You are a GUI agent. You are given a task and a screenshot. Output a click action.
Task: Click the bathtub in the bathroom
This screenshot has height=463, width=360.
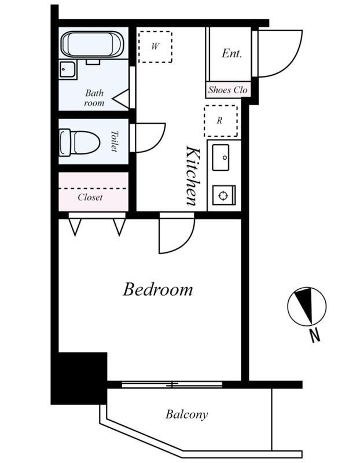[92, 45]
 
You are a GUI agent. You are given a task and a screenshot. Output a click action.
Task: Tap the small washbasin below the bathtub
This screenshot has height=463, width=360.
[68, 69]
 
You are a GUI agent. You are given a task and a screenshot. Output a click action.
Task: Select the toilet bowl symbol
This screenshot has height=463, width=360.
[79, 142]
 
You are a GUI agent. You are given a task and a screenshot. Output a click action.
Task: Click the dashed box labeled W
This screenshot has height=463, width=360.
[155, 47]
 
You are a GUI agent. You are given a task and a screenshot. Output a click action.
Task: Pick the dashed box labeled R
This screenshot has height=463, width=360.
[221, 121]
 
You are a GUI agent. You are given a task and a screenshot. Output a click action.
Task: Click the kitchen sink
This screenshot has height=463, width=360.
[221, 157]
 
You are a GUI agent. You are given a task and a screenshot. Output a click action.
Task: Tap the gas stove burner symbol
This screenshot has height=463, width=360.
[224, 195]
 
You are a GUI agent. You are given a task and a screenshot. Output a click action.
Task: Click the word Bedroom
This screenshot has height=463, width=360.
[157, 289]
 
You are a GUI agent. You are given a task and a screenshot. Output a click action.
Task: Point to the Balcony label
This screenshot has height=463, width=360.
[186, 414]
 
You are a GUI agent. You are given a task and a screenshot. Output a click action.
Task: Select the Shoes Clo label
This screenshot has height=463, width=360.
[227, 90]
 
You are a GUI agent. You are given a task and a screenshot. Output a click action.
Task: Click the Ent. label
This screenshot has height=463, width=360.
[232, 53]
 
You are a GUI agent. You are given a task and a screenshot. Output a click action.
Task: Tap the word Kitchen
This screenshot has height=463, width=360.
[194, 176]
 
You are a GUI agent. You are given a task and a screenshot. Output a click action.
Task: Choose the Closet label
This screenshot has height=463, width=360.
[90, 197]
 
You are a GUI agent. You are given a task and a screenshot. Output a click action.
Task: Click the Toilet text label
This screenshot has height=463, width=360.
[114, 141]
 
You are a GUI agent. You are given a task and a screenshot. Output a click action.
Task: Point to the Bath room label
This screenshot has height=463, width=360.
[94, 98]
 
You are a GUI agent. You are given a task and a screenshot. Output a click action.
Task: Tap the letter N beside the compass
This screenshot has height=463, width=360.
[315, 336]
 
